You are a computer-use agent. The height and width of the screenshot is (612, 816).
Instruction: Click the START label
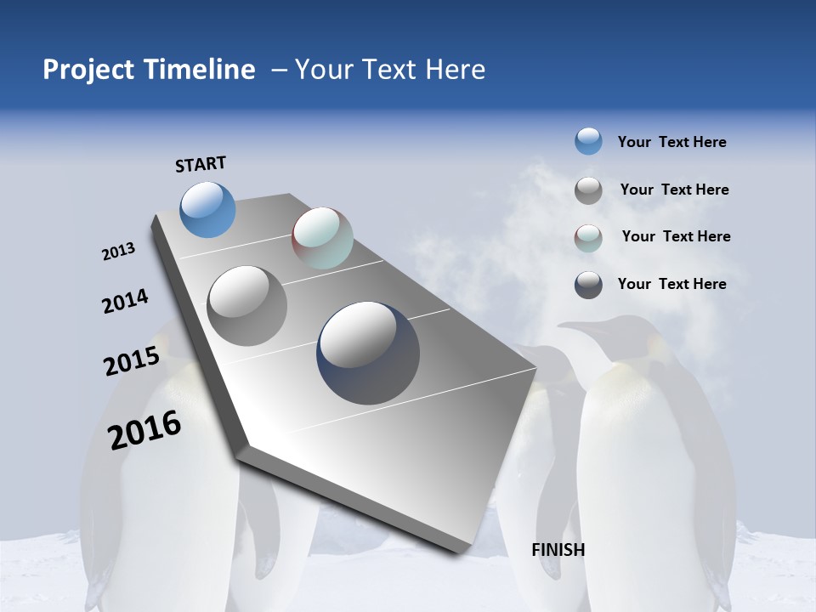201,163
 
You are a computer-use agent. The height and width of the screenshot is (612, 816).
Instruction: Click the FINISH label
558,550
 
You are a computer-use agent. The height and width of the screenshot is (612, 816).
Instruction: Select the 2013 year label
118,252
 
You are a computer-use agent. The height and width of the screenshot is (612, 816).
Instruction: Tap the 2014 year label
125,301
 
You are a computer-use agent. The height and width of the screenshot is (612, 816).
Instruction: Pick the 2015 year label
131,361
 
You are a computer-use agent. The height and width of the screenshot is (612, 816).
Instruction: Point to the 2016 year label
144,430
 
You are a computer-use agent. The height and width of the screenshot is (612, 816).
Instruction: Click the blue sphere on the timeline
207,209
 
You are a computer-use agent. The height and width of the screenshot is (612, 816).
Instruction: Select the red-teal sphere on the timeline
322,238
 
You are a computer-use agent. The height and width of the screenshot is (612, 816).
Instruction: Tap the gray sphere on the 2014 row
246,305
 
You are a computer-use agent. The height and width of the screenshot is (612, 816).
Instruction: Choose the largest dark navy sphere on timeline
368,352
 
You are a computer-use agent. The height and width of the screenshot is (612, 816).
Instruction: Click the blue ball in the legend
588,141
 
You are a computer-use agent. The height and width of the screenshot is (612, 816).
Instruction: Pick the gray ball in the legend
588,190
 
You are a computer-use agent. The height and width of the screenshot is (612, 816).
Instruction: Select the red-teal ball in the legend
588,238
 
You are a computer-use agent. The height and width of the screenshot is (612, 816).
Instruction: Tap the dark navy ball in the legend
588,285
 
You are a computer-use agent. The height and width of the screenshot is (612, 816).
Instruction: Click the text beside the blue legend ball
671,142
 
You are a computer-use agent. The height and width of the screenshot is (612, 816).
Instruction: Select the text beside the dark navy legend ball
671,284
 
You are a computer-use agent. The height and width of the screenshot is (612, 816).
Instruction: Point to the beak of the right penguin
571,326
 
